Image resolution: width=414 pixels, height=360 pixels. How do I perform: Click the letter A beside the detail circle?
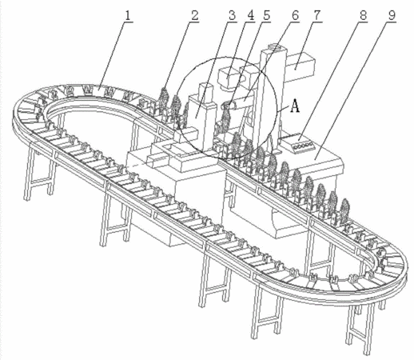click(x=295, y=106)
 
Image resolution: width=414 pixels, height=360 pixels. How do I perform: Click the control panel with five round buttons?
click(x=298, y=142)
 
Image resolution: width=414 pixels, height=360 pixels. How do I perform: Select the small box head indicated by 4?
click(x=228, y=75)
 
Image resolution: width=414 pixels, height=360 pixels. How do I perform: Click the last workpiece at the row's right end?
click(x=345, y=210)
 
